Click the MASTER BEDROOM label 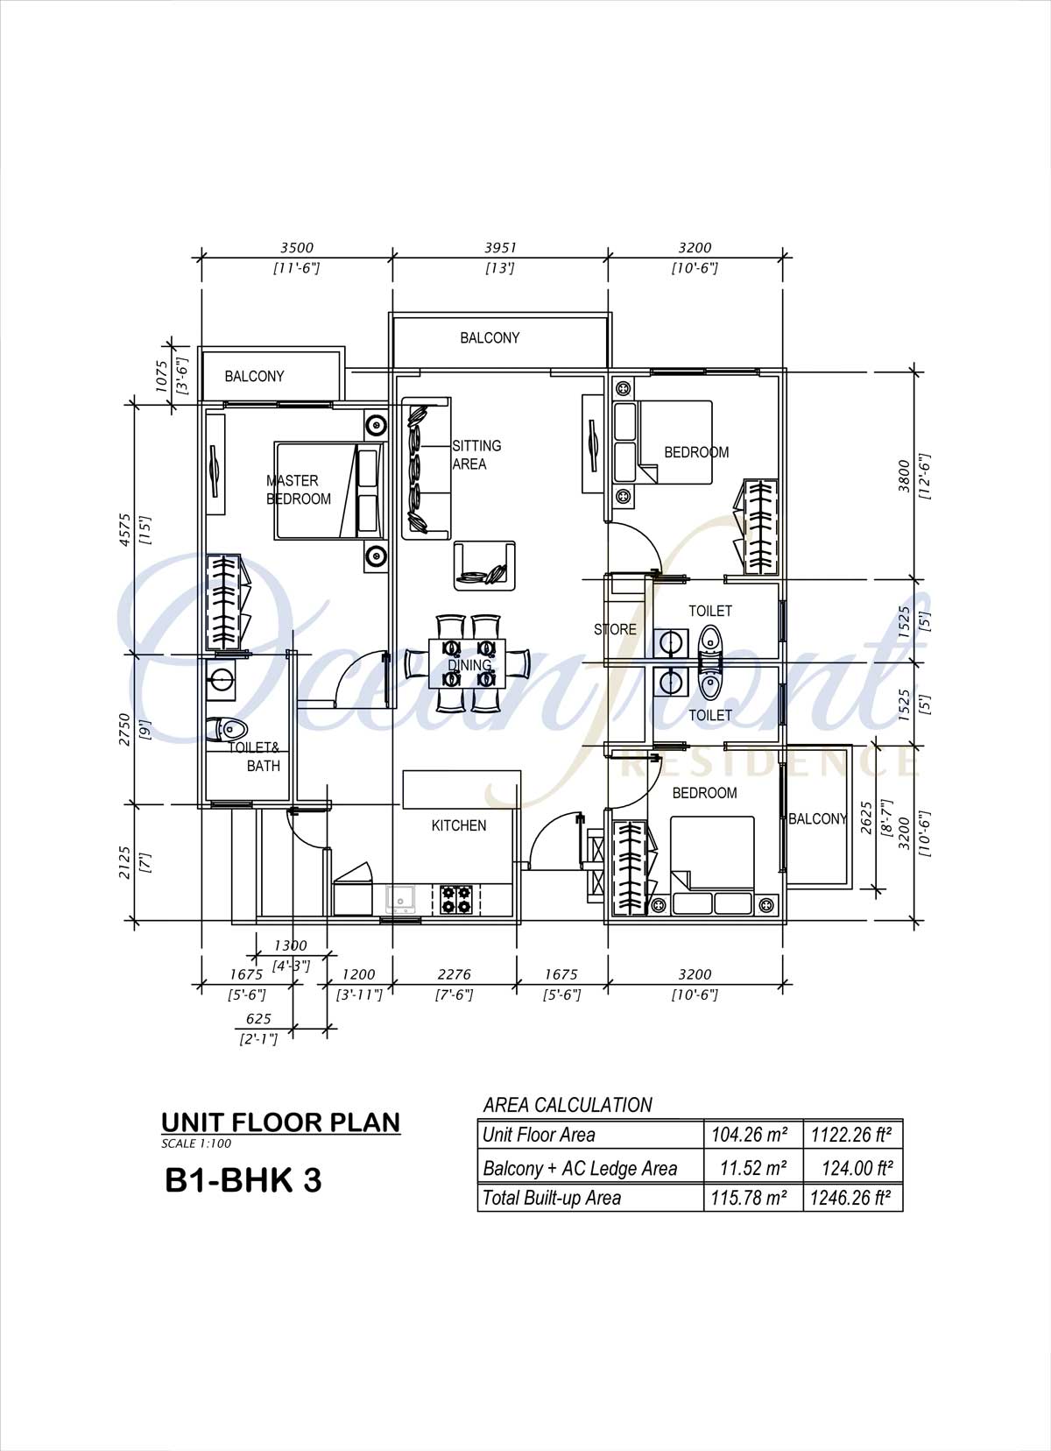[299, 490]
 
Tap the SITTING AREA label [476, 455]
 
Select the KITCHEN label [458, 825]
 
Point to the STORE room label [615, 629]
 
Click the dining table [468, 664]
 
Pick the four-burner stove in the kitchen [456, 899]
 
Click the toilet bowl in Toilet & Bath [227, 729]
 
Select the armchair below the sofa [485, 565]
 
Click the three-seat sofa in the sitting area [427, 469]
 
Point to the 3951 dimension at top [501, 247]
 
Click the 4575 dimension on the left [125, 530]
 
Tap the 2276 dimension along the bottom [454, 974]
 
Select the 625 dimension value [258, 1018]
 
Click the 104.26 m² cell [750, 1134]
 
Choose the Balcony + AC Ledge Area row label [580, 1168]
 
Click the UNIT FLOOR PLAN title [281, 1122]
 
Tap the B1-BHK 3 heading [243, 1179]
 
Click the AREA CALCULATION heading [568, 1104]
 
